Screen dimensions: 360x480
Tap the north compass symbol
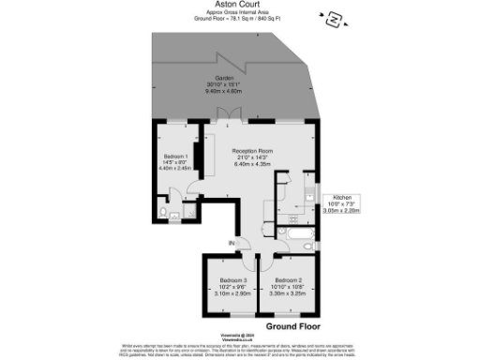(x=334, y=18)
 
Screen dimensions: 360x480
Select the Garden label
(x=224, y=78)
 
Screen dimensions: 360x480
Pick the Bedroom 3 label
(x=232, y=280)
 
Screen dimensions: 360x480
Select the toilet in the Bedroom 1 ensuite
(x=164, y=214)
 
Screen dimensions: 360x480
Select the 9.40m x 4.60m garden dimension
(x=224, y=91)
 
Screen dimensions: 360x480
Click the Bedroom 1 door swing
(x=194, y=187)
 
